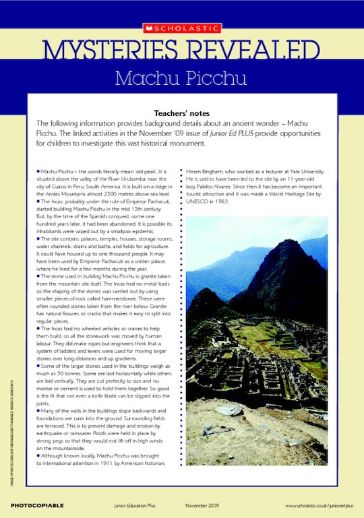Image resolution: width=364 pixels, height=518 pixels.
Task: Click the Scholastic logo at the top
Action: pos(181,28)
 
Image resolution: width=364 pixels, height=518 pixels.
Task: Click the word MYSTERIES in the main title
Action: pos(109,52)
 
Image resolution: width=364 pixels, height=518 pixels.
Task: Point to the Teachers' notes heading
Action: pos(181,113)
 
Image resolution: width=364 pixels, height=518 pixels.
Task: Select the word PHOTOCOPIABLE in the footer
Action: pos(37,505)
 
